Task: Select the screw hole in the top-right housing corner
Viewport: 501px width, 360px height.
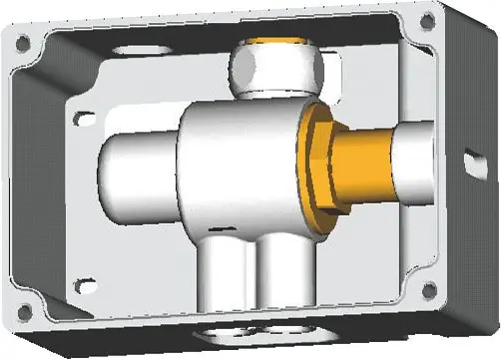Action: coord(427,19)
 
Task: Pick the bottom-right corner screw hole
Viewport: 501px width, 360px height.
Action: coord(429,289)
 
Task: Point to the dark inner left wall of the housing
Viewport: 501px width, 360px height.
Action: coord(60,180)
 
